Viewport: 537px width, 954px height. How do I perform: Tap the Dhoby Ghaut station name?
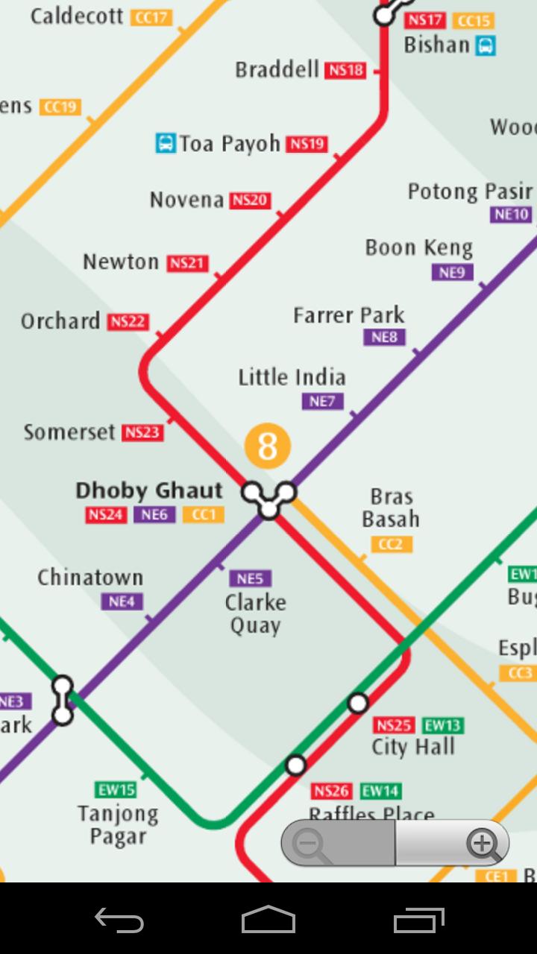click(x=149, y=490)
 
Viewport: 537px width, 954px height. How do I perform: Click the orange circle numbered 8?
click(x=267, y=446)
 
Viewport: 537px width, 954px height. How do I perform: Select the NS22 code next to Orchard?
click(x=128, y=322)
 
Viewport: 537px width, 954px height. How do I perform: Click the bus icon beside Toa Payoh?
click(x=165, y=143)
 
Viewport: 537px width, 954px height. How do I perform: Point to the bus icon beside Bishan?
click(x=486, y=45)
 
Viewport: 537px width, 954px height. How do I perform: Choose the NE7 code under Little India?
click(x=322, y=402)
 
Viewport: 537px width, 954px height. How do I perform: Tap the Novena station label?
click(x=186, y=200)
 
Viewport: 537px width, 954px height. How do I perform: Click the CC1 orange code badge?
click(x=204, y=514)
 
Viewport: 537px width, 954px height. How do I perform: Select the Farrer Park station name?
click(x=348, y=315)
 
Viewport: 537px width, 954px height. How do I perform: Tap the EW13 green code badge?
click(x=442, y=725)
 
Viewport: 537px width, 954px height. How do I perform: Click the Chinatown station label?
click(x=90, y=578)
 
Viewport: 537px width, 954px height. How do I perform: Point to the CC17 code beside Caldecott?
click(x=151, y=17)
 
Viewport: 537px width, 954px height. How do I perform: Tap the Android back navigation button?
click(x=119, y=920)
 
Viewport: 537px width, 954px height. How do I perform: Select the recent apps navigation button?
click(x=418, y=920)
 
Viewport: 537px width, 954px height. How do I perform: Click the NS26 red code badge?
click(x=331, y=791)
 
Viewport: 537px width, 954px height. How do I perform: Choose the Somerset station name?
click(x=69, y=432)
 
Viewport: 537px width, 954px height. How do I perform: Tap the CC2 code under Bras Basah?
click(x=390, y=545)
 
